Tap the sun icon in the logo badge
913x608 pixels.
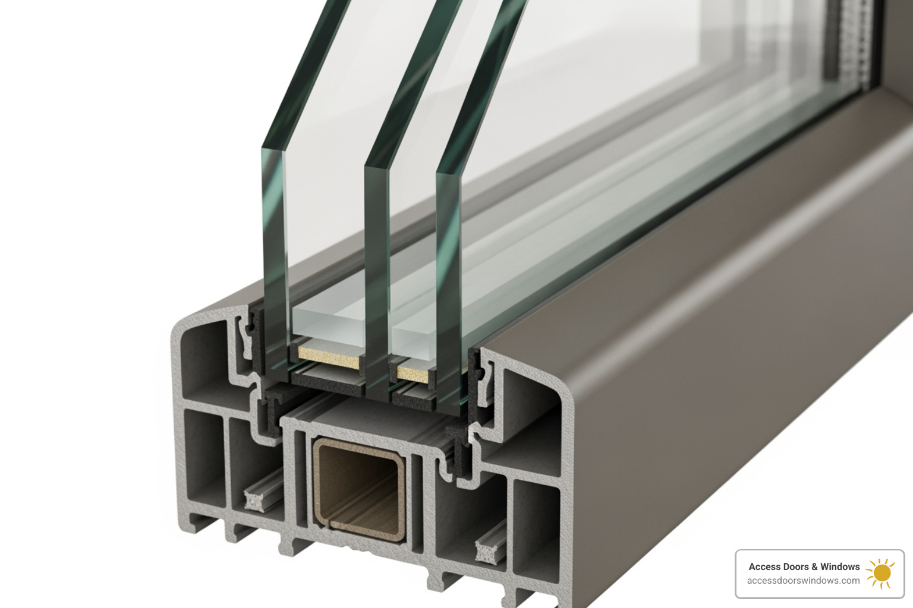click(x=881, y=573)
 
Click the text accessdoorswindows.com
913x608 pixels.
click(x=803, y=581)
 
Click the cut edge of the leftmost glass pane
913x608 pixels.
click(x=273, y=249)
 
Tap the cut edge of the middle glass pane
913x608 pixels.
click(x=376, y=267)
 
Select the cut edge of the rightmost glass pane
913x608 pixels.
click(x=448, y=279)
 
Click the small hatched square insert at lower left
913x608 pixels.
click(x=255, y=501)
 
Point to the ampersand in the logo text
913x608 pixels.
click(x=814, y=566)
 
